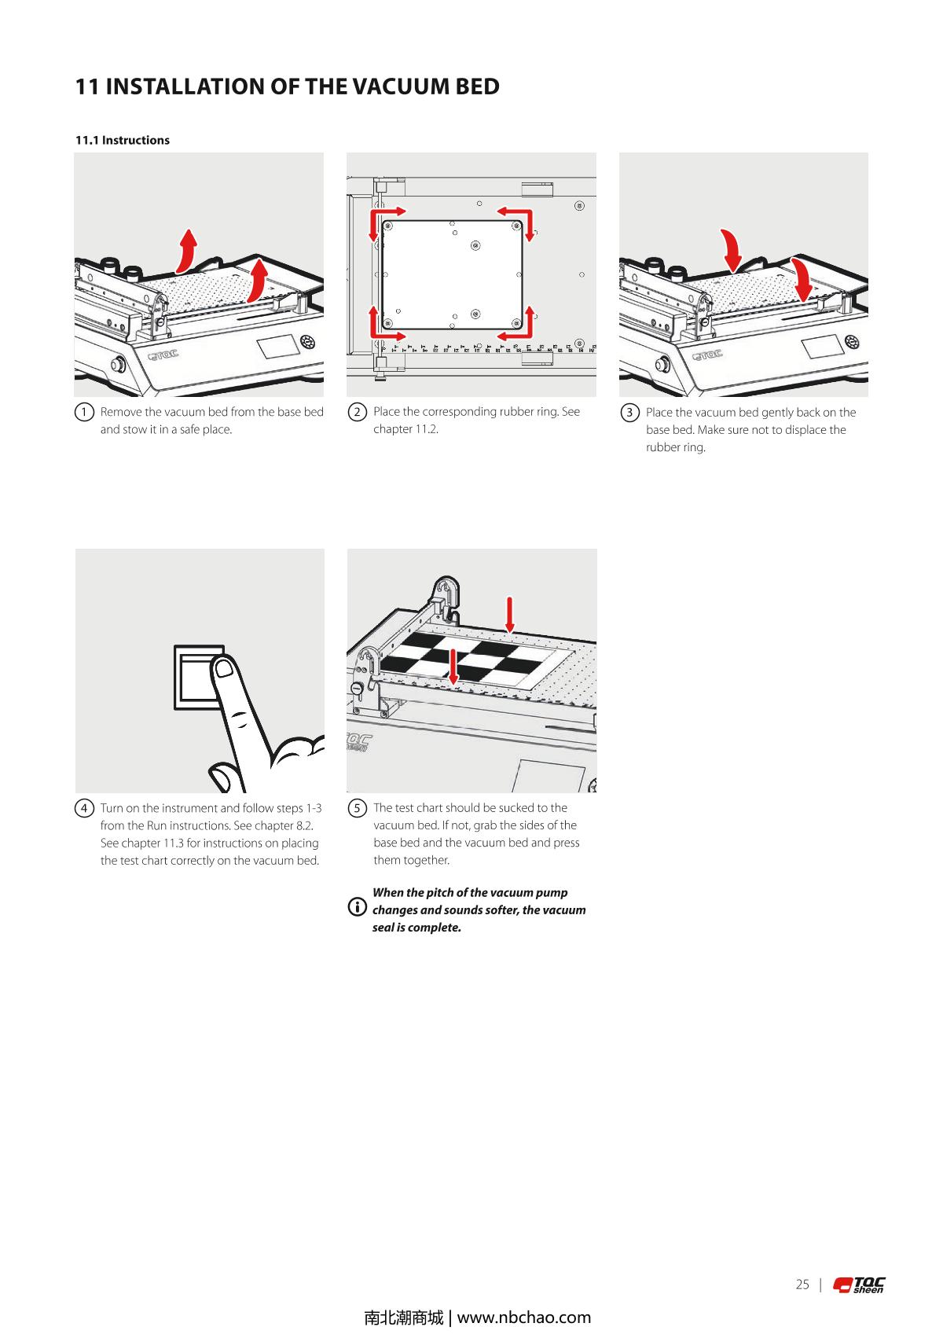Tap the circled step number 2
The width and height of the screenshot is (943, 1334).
(357, 412)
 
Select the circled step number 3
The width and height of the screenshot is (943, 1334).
(629, 413)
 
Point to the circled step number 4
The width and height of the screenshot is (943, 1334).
(84, 808)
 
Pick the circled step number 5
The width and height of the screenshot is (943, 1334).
(357, 808)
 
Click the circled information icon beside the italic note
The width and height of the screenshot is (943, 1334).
(357, 909)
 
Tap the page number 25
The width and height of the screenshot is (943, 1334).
(802, 1284)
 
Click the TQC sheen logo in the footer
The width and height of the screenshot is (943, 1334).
(859, 1284)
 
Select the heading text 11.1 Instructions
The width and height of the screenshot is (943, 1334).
(122, 140)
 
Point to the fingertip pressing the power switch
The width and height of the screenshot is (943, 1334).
(224, 668)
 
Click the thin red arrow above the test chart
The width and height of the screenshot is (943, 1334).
(510, 614)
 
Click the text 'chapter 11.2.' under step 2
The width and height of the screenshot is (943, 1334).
(405, 429)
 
